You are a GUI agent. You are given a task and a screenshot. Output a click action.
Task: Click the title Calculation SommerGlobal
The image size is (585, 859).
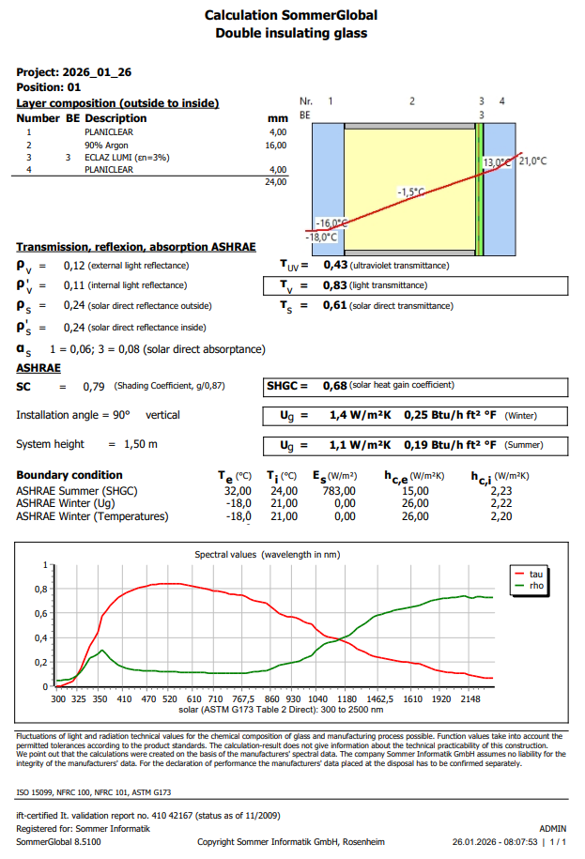pyautogui.click(x=291, y=16)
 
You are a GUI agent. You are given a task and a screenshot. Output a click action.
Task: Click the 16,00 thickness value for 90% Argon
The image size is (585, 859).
pyautogui.click(x=275, y=146)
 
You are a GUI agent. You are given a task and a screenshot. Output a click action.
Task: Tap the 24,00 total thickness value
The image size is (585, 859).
pyautogui.click(x=275, y=181)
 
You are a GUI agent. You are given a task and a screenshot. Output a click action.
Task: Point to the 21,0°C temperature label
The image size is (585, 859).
pyautogui.click(x=532, y=161)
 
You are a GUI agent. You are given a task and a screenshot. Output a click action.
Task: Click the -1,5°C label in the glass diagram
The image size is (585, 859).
pyautogui.click(x=410, y=192)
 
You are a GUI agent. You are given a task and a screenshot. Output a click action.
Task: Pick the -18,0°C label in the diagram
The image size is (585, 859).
pyautogui.click(x=327, y=238)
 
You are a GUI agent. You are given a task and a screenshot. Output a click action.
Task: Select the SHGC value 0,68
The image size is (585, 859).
pyautogui.click(x=334, y=385)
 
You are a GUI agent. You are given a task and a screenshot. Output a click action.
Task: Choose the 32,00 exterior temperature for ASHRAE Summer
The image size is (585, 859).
pyautogui.click(x=238, y=490)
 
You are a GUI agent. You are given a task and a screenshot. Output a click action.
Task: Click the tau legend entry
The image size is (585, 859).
pyautogui.click(x=536, y=573)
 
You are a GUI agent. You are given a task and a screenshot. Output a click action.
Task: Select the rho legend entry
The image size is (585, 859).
pyautogui.click(x=536, y=585)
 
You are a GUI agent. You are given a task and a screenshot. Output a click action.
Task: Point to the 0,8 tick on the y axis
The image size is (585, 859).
pyautogui.click(x=41, y=590)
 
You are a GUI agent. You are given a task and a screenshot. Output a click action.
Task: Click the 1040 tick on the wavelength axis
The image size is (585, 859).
pyautogui.click(x=317, y=699)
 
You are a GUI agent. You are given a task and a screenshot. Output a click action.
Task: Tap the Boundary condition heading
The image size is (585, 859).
pyautogui.click(x=69, y=475)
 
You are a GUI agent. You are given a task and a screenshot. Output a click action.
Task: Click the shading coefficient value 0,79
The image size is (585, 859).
pyautogui.click(x=93, y=386)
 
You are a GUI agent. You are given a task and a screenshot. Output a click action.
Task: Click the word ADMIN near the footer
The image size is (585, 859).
pyautogui.click(x=552, y=829)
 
